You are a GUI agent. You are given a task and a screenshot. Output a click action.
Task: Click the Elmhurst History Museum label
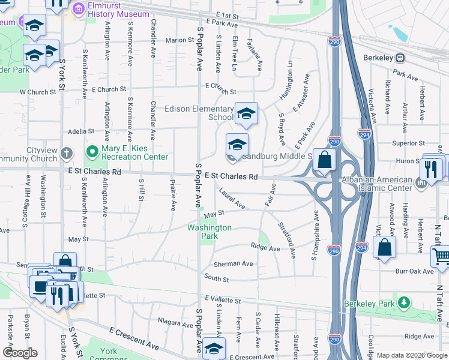coord(118,10)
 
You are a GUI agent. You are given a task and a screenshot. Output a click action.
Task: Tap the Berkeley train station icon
coord(399,59)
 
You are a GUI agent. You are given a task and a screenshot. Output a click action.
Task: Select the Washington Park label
coord(209,232)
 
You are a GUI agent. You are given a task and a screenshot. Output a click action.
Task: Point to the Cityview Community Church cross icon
coord(67,152)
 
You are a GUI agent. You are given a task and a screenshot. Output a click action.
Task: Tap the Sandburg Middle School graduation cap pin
coord(237,145)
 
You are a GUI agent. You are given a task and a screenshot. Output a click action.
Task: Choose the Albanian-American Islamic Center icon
coord(421,181)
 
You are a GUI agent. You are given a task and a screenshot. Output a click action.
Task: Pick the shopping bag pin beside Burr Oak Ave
coord(384,247)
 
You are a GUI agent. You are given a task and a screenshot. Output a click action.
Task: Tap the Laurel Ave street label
coord(232,199)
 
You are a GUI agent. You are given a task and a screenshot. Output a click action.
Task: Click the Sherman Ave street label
coord(234,263)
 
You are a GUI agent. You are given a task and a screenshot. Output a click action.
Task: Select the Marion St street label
coord(179,40)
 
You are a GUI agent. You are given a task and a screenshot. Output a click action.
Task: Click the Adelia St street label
coord(77,130)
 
